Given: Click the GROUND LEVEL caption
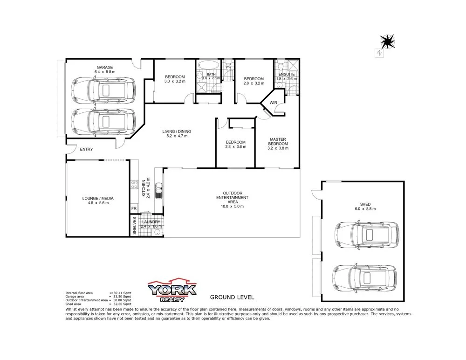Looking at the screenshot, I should click(232, 297).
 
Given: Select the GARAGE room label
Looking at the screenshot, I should click(104, 68).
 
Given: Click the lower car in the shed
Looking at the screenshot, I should click(365, 278).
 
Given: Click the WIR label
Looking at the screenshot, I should click(273, 103).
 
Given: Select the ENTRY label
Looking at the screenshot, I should click(86, 150).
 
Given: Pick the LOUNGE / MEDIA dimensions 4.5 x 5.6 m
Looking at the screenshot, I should click(98, 203).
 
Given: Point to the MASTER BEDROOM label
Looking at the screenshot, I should click(278, 141).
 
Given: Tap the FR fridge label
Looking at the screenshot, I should click(134, 208).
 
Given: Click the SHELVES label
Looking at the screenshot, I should click(134, 225).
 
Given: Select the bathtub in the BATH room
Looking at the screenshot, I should click(208, 65).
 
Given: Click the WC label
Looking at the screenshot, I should click(228, 67).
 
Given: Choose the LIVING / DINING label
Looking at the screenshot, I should click(177, 132).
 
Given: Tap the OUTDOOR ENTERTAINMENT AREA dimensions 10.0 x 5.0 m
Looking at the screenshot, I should click(233, 207).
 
